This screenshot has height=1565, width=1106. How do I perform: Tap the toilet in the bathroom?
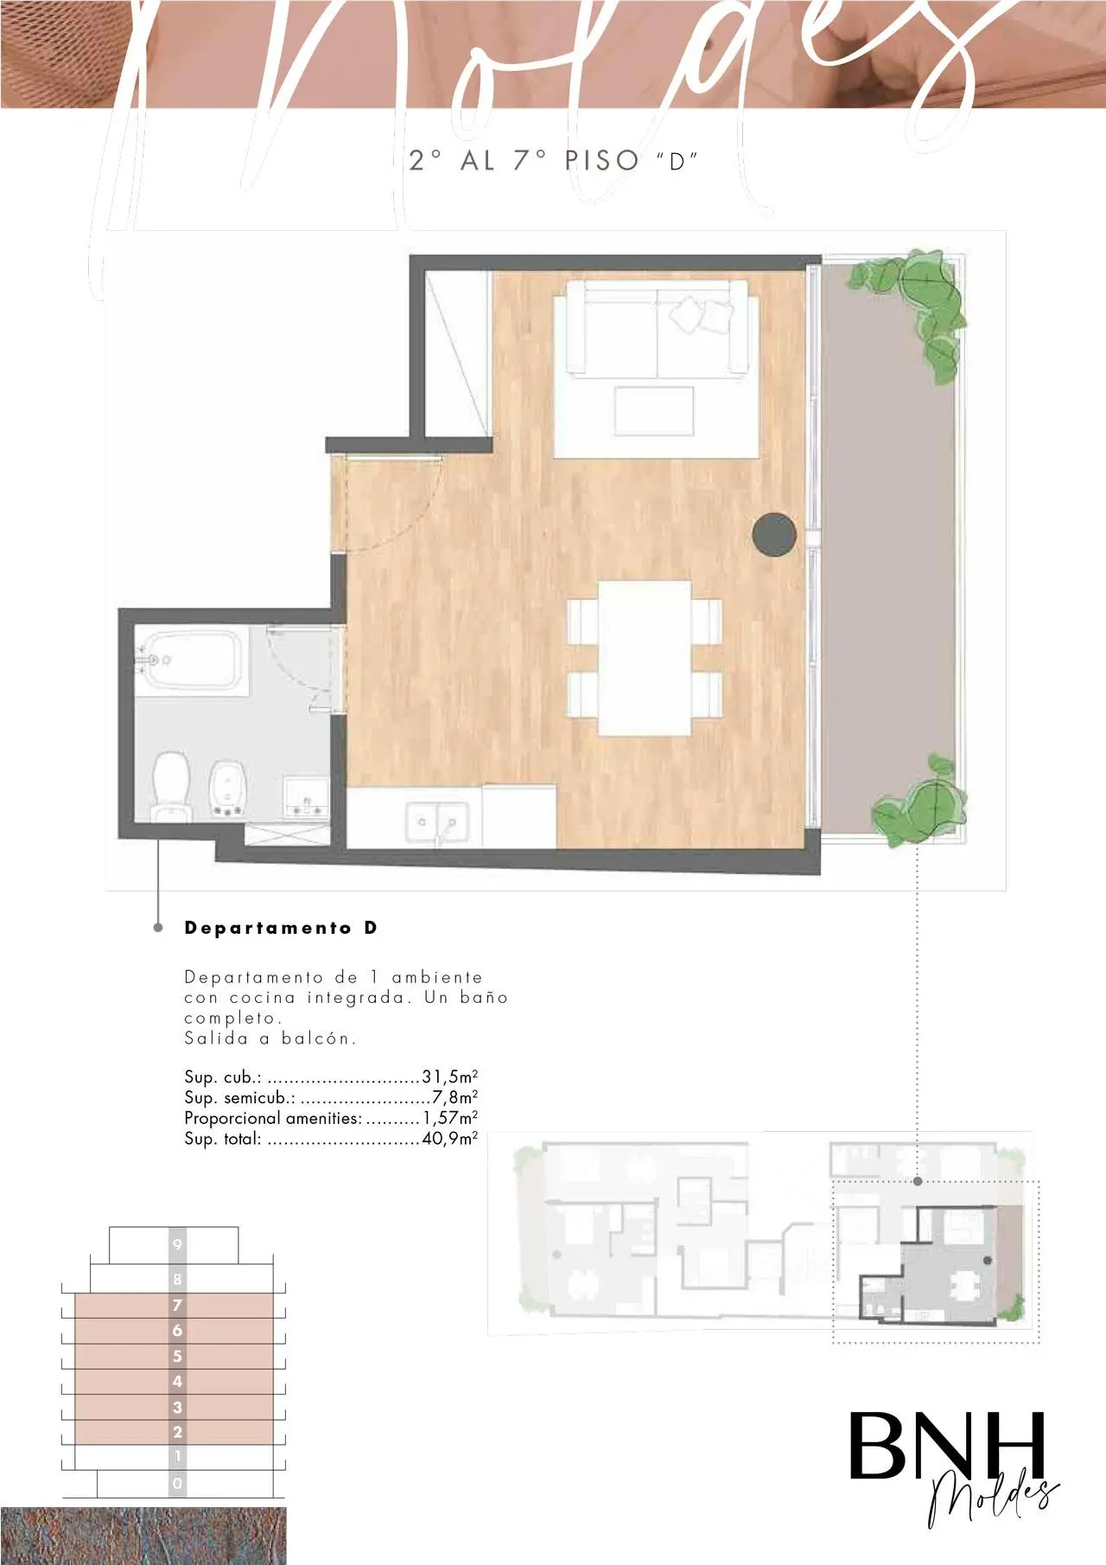pyautogui.click(x=171, y=786)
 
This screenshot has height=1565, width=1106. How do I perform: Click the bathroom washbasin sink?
pyautogui.click(x=307, y=795)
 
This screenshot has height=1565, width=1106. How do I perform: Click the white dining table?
pyautogui.click(x=645, y=658)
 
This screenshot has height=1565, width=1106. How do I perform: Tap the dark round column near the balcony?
pyautogui.click(x=774, y=534)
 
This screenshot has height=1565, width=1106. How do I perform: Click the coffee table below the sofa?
pyautogui.click(x=654, y=412)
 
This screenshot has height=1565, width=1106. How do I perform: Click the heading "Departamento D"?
pyautogui.click(x=281, y=928)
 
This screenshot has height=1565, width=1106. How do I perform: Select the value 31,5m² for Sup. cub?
pyautogui.click(x=449, y=1076)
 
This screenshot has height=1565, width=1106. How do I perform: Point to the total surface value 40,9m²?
pyautogui.click(x=449, y=1139)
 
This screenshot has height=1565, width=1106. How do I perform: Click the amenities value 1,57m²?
pyautogui.click(x=450, y=1118)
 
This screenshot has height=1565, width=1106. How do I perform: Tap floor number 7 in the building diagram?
pyautogui.click(x=177, y=1305)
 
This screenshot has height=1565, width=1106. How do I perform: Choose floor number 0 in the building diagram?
pyautogui.click(x=177, y=1484)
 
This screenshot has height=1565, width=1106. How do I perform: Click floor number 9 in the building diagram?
pyautogui.click(x=177, y=1245)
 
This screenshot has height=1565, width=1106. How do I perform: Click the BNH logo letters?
pyautogui.click(x=947, y=1446)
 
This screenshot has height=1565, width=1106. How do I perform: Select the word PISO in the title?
pyautogui.click(x=601, y=160)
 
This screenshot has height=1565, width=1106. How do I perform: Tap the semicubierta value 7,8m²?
pyautogui.click(x=454, y=1097)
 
